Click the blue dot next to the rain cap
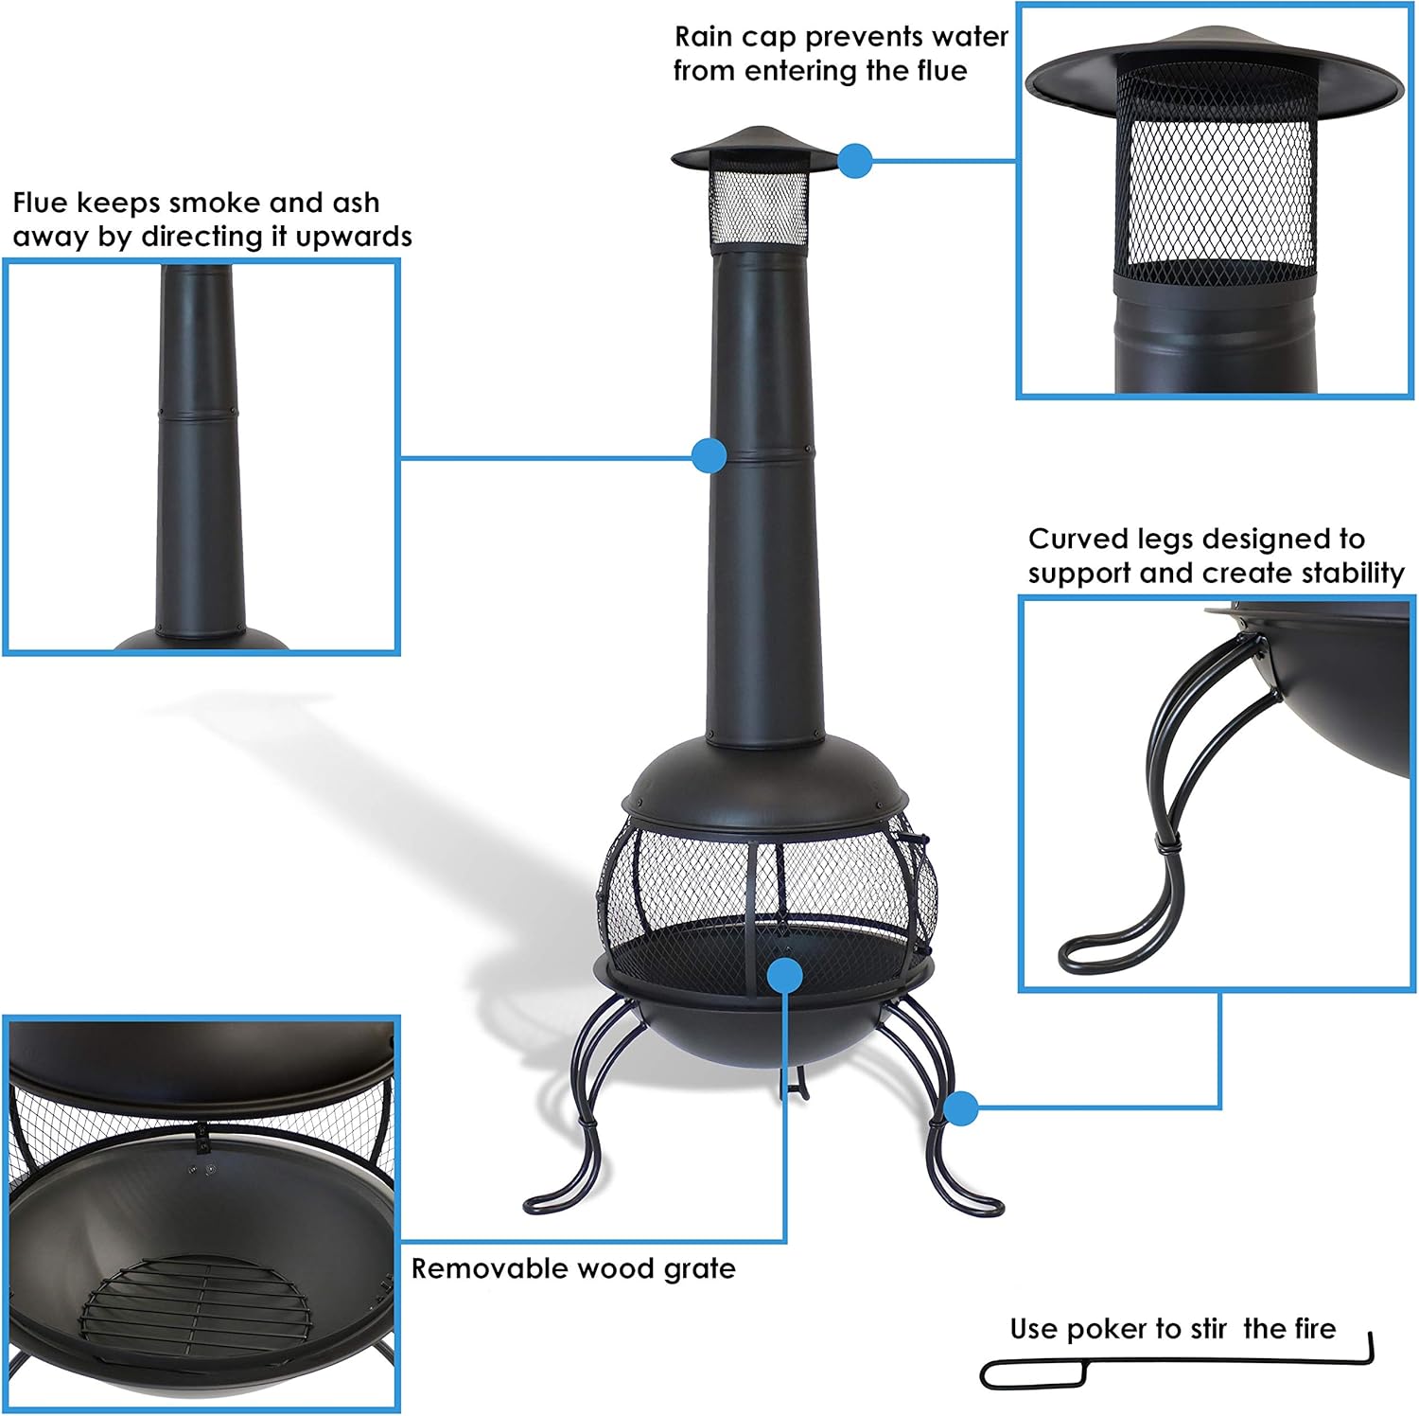(855, 161)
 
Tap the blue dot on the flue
(709, 456)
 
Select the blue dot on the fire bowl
(785, 974)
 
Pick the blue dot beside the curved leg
(961, 1107)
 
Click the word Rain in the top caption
(704, 37)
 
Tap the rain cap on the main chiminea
(754, 147)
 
